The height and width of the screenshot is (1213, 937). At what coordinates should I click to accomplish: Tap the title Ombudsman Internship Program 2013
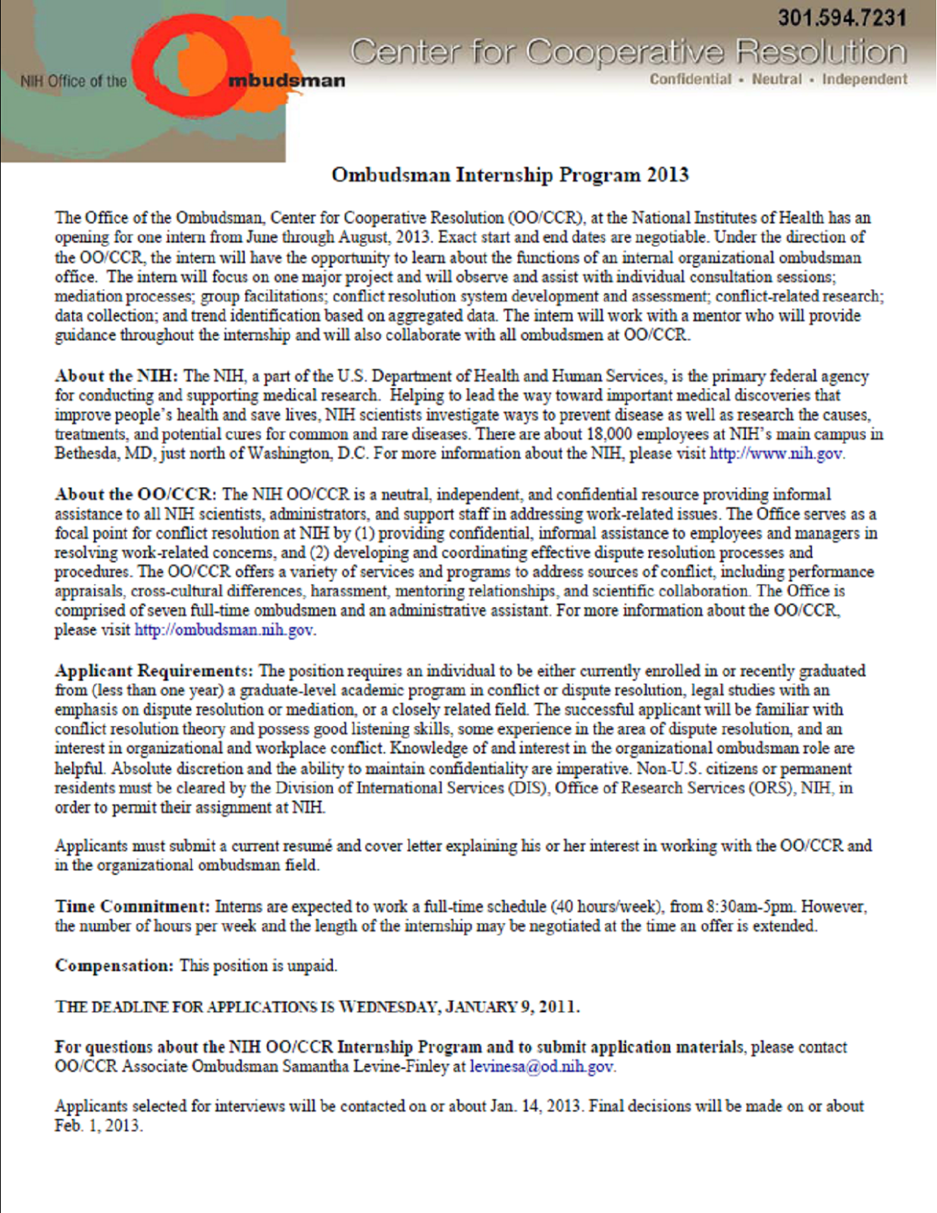[509, 175]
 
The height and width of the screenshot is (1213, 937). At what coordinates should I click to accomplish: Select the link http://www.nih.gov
[776, 454]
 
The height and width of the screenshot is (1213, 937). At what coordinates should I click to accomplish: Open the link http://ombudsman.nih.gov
[224, 630]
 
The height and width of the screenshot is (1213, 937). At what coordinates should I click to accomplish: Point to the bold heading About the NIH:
[116, 376]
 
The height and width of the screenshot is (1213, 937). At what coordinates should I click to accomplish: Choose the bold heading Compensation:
[114, 966]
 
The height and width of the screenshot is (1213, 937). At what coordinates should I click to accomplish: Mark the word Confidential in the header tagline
[690, 79]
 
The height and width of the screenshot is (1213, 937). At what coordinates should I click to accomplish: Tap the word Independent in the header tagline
[864, 79]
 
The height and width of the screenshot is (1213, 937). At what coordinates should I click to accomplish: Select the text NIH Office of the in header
[74, 81]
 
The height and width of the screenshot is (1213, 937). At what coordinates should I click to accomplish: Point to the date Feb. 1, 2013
[97, 1126]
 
